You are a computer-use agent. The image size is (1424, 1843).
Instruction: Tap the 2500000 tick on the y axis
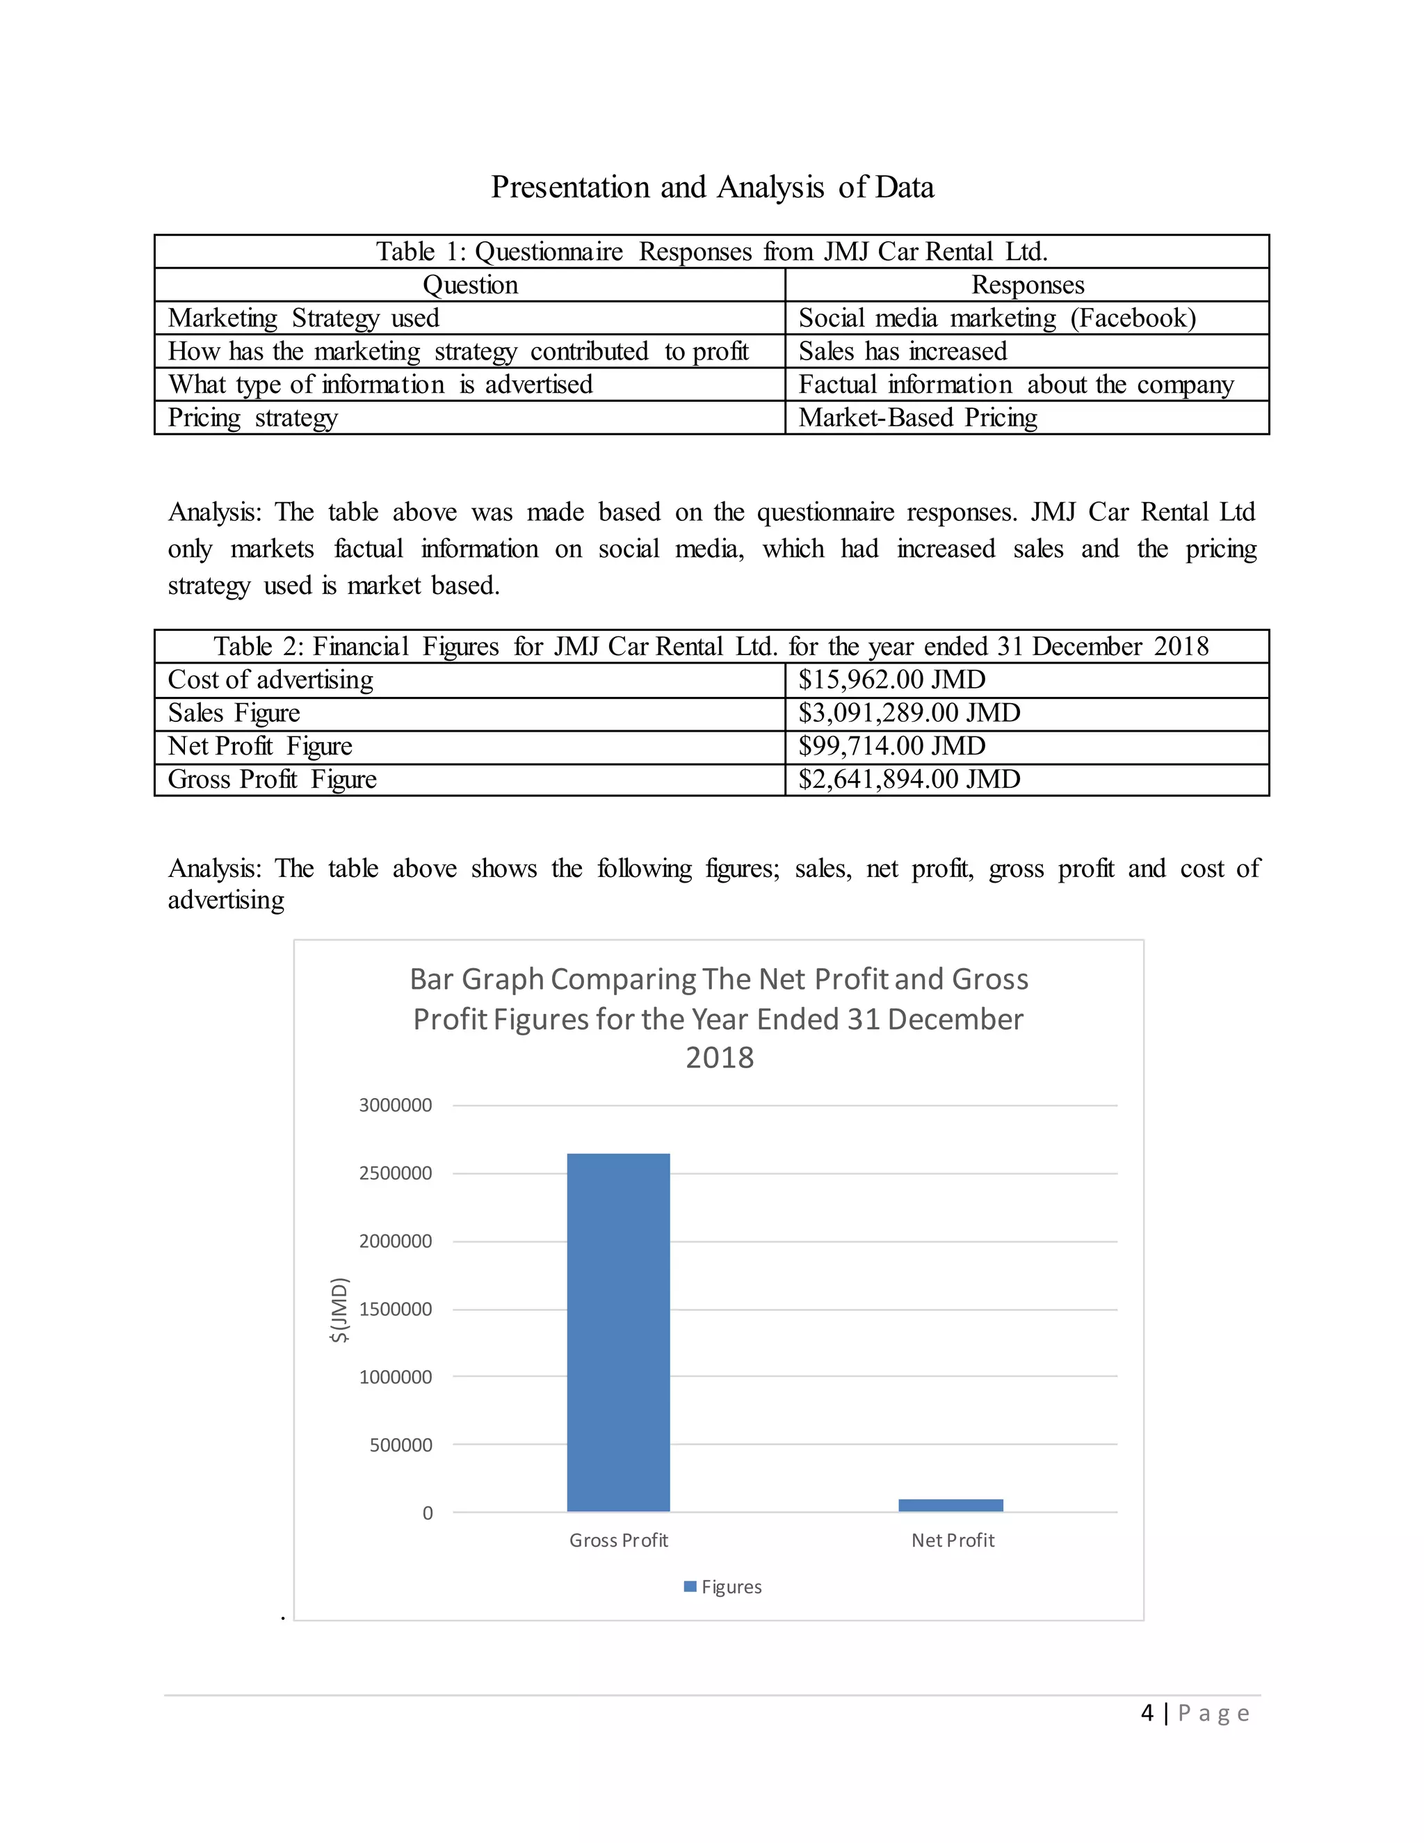point(395,1173)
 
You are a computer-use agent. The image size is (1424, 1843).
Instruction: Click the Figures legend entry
point(723,1586)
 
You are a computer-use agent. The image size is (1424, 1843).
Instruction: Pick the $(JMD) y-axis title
point(339,1310)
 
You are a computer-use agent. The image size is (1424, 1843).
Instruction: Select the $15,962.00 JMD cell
point(891,679)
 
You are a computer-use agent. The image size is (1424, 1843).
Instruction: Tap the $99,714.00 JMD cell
point(891,746)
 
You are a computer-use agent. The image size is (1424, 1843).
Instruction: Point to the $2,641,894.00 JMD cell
point(909,779)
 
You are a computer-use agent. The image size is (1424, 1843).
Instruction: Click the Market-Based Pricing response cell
point(918,418)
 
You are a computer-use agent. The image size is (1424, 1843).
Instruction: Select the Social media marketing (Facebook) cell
point(997,318)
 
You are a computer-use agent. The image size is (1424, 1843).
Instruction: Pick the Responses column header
point(1028,285)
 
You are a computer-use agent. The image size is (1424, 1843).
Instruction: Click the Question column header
point(470,285)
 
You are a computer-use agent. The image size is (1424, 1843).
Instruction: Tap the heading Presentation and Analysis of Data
point(712,187)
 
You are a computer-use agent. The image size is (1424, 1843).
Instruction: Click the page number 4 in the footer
point(1147,1712)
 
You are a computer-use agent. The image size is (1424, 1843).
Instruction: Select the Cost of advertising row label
point(270,679)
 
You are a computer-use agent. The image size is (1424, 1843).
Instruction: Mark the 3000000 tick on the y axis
point(395,1106)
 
